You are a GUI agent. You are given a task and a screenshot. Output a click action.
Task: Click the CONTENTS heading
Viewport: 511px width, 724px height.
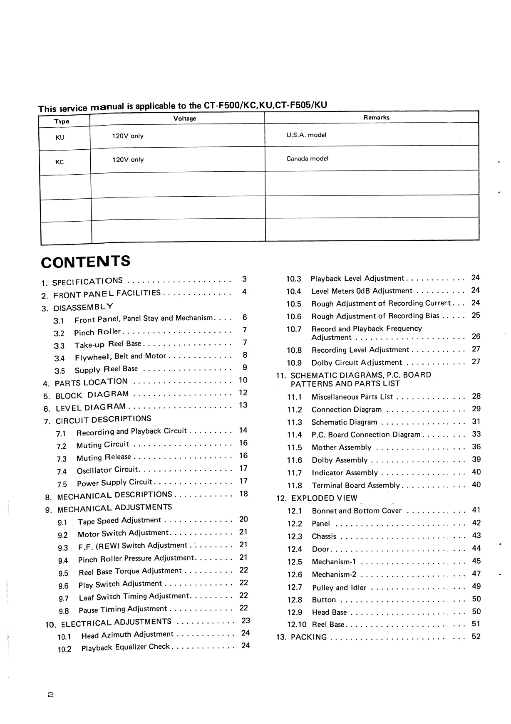click(85, 262)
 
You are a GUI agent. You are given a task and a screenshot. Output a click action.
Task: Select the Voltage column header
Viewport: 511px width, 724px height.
click(184, 119)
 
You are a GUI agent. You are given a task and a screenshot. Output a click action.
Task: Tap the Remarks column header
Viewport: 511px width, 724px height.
click(376, 118)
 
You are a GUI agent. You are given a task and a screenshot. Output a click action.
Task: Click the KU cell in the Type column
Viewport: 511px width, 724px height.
click(60, 137)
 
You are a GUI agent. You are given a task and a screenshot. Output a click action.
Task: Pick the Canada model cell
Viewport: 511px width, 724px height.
click(307, 158)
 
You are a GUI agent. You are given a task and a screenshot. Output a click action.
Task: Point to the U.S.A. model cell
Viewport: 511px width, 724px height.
click(306, 135)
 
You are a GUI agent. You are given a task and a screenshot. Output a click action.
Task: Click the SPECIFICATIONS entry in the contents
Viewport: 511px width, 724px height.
click(87, 282)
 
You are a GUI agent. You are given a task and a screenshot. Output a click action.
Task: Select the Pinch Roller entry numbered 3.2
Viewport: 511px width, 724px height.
click(97, 332)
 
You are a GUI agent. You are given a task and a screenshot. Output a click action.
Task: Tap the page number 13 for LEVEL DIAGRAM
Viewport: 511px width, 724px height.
click(243, 405)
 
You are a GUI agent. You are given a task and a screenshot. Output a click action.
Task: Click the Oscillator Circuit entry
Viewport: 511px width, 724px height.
click(107, 470)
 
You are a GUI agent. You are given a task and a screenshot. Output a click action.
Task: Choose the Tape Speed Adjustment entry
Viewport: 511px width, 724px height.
click(119, 521)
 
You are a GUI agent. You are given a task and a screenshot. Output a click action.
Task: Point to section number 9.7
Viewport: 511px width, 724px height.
click(64, 599)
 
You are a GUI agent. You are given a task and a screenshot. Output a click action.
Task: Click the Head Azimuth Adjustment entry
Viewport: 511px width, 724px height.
click(127, 635)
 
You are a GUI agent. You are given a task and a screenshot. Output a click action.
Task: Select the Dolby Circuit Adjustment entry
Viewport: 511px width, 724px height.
click(357, 363)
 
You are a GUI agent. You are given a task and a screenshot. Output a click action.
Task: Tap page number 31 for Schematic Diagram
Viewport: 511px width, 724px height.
click(476, 421)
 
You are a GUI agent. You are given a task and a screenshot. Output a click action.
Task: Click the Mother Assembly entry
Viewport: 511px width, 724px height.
click(341, 447)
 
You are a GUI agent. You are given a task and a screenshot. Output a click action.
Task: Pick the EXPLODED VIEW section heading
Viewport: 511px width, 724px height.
click(324, 498)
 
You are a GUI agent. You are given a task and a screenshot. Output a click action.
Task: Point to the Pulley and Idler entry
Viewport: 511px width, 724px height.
click(339, 588)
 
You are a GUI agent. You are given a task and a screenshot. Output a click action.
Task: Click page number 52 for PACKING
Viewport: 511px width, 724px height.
click(476, 636)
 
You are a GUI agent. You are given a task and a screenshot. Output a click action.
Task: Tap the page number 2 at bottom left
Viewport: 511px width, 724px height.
click(51, 694)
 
